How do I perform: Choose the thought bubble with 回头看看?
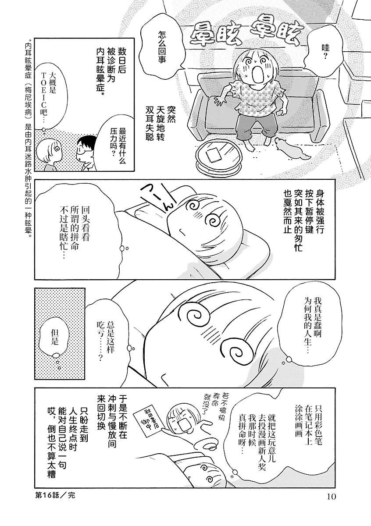click(75, 231)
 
